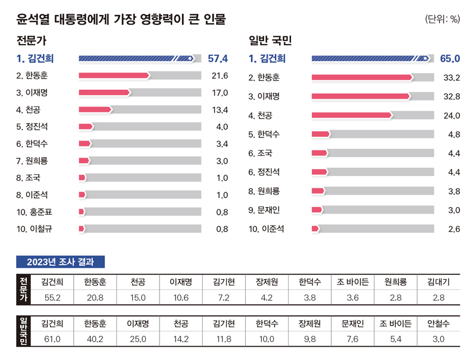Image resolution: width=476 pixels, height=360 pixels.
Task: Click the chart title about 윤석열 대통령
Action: pos(121,20)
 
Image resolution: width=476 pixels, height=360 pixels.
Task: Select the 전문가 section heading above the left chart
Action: pos(32,41)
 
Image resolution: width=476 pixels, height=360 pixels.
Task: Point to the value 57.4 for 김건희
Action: pos(218,58)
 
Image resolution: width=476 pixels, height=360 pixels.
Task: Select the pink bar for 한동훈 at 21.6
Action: pos(114,76)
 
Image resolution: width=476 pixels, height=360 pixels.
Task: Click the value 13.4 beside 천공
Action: pos(220,109)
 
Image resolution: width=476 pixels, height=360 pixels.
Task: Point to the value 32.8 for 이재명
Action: pos(452,96)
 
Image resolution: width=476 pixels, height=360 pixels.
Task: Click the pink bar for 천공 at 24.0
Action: pos(351,115)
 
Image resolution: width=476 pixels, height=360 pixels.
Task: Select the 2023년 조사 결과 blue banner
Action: pos(61,262)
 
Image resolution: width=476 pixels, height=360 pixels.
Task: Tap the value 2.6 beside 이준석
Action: pos(454,229)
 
